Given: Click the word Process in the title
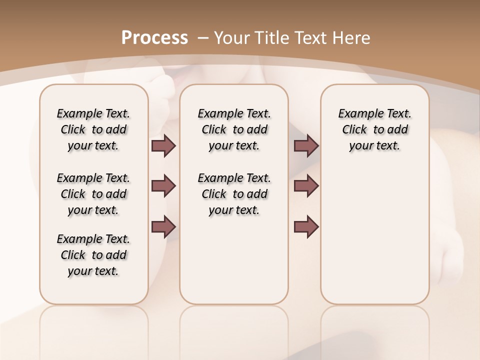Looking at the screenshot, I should coord(154,38).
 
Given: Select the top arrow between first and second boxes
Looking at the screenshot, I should coord(163,145).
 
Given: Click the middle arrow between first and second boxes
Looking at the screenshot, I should coord(163,186).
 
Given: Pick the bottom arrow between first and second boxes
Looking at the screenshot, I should coord(163,226).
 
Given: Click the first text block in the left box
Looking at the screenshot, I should coord(93,129).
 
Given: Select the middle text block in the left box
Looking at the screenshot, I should coord(93,194).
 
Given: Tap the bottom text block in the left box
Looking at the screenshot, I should coord(93,255).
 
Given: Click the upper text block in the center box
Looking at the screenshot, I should coord(234,129).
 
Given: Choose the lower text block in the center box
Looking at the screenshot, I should coord(234,194).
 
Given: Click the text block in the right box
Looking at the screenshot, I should coord(375,129).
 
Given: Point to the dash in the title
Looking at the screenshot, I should coord(203,38).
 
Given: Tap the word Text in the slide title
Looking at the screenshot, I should coord(313,38).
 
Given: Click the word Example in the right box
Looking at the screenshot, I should coord(357,113).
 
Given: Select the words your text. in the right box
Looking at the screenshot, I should coord(375,145).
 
